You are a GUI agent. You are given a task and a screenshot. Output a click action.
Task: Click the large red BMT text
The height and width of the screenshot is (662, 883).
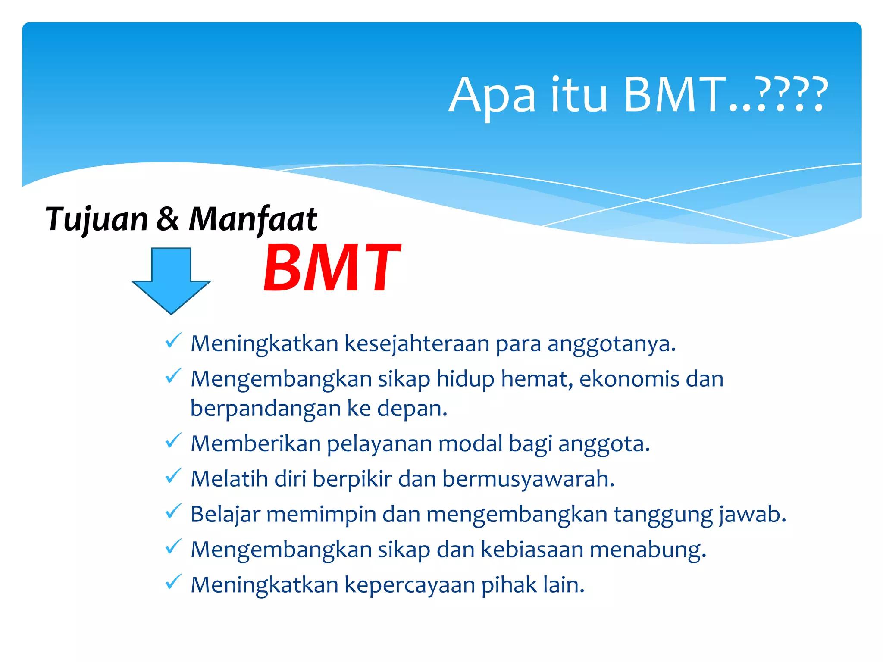(x=332, y=268)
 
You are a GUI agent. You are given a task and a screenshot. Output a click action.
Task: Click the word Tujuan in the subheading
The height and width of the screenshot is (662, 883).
(x=97, y=219)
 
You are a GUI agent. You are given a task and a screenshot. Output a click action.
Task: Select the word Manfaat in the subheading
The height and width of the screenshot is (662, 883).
(x=253, y=219)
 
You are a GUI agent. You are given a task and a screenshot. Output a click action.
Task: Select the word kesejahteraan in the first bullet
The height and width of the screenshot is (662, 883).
(x=416, y=344)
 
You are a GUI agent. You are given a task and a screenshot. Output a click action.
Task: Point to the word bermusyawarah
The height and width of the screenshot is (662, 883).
(x=528, y=479)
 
